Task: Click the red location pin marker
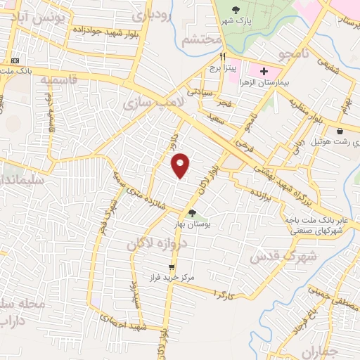(x=181, y=165)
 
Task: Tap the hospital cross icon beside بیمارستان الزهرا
(x=264, y=72)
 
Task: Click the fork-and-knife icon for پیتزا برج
(x=223, y=58)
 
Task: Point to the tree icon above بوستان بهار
(x=192, y=213)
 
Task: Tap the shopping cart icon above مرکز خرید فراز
(x=171, y=267)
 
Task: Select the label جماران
(x=319, y=349)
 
